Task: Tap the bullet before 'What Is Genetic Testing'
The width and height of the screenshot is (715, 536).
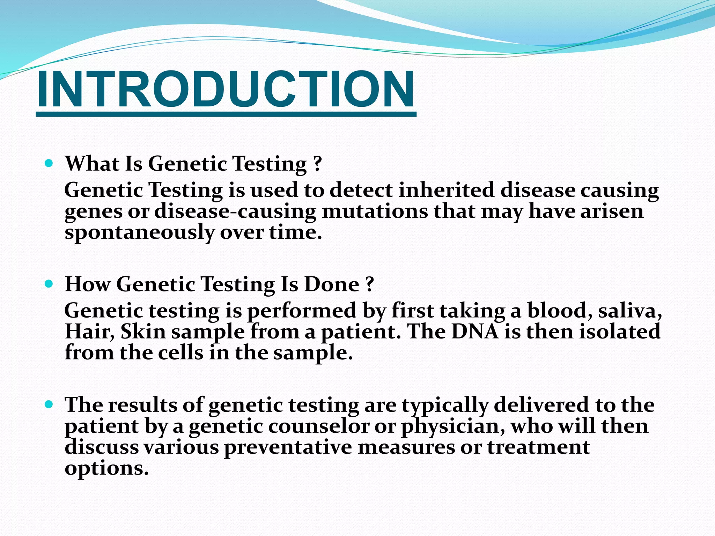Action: [49, 163]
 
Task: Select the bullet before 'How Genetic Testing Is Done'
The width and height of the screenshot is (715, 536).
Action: [49, 284]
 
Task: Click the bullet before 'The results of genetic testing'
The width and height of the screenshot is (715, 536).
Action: [49, 404]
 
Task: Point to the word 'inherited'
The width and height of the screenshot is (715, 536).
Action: [447, 190]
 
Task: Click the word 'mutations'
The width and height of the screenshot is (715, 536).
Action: [375, 211]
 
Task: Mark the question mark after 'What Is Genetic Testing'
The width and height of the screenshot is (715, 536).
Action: [317, 163]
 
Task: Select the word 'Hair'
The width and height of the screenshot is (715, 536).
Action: [89, 332]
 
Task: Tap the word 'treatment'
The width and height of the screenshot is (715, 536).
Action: [538, 447]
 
